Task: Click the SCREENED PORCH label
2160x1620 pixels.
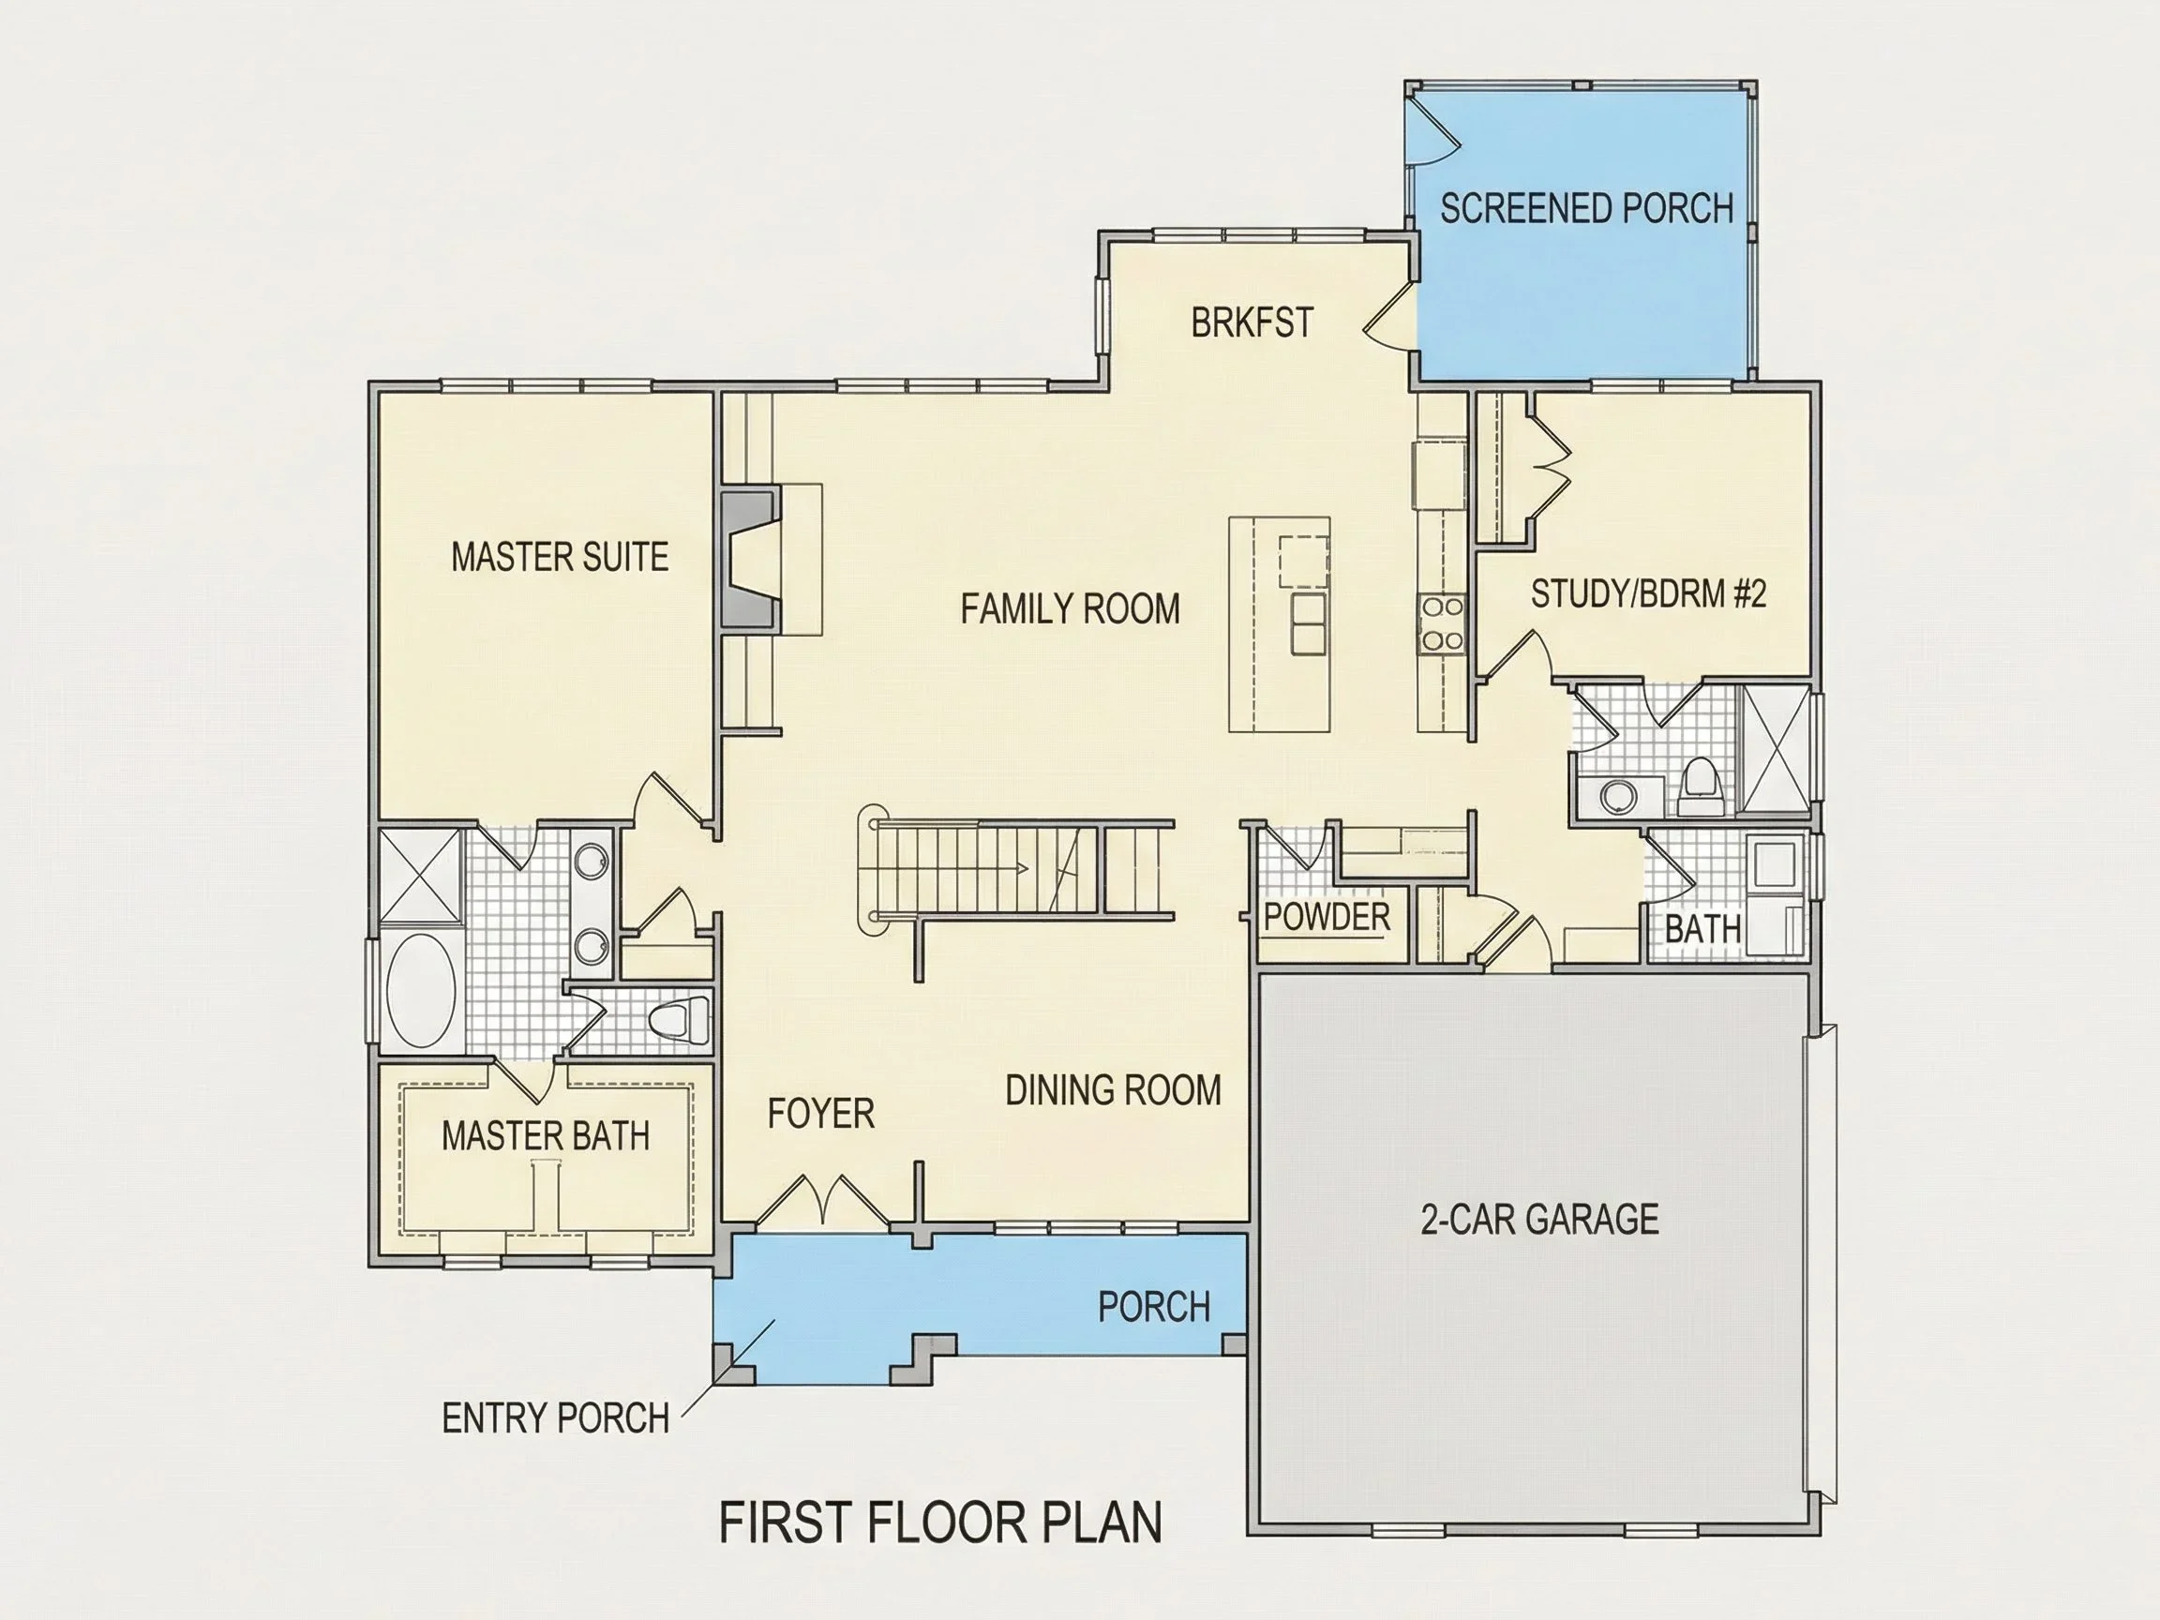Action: point(1587,208)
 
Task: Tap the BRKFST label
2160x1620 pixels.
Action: point(1252,323)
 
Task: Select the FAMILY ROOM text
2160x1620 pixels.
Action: point(1071,608)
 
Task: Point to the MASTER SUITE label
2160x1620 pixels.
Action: point(560,557)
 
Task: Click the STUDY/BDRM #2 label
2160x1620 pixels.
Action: point(1648,593)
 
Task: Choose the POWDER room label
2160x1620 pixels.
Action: point(1326,917)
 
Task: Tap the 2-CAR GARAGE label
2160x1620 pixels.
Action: point(1539,1220)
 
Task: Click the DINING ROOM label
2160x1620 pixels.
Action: point(1113,1090)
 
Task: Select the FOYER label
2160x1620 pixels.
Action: point(820,1114)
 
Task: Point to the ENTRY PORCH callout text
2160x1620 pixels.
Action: point(556,1418)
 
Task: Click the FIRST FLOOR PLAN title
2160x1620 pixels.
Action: point(940,1522)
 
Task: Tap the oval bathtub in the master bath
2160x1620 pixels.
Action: point(421,990)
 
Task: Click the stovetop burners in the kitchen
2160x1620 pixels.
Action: point(1441,624)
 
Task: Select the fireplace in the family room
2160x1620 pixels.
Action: point(751,559)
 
